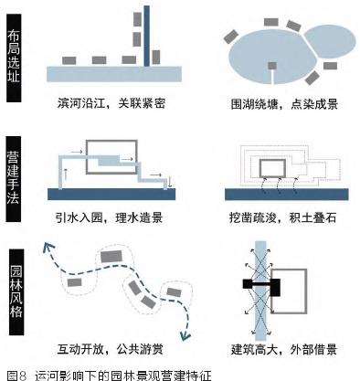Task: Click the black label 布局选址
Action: point(14,58)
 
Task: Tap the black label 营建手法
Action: point(14,178)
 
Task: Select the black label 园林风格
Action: point(16,291)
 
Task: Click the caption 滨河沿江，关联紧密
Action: point(111,103)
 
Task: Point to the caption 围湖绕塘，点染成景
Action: point(284,104)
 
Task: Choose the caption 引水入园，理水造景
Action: point(109,218)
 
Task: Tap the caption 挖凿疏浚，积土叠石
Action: point(282,218)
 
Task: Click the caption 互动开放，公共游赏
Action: point(110,349)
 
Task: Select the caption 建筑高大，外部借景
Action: point(284,349)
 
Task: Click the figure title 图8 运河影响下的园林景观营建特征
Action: point(109,375)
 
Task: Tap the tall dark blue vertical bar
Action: point(147,36)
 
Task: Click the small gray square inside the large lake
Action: point(272,66)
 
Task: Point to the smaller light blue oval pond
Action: point(330,41)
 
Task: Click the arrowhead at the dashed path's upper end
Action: point(48,247)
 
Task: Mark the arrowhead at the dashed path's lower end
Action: point(185,335)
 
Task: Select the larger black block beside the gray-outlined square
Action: point(275,288)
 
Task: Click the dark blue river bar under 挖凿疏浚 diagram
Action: point(287,195)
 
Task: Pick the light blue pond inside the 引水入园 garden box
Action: point(109,160)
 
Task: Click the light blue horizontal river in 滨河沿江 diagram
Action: point(114,74)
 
